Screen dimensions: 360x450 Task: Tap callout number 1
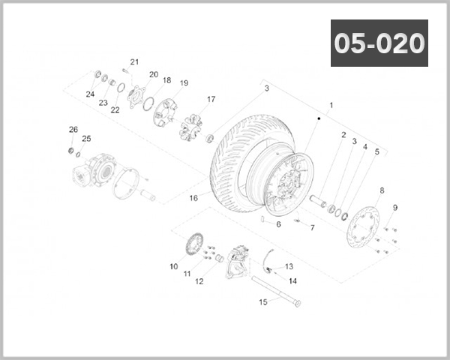tap(331, 106)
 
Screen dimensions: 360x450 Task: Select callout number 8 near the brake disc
tap(382, 190)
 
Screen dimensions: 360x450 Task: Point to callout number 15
tap(262, 303)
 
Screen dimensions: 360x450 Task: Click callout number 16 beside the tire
tap(193, 198)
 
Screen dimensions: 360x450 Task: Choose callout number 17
tap(211, 99)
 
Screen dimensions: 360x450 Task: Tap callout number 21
tap(135, 62)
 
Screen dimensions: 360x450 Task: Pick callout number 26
tap(73, 129)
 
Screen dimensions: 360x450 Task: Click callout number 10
tap(173, 266)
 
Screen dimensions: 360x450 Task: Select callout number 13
tap(289, 266)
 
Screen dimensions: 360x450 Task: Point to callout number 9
tap(395, 208)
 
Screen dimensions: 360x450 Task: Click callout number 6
tap(278, 224)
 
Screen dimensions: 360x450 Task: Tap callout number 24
tap(90, 94)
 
